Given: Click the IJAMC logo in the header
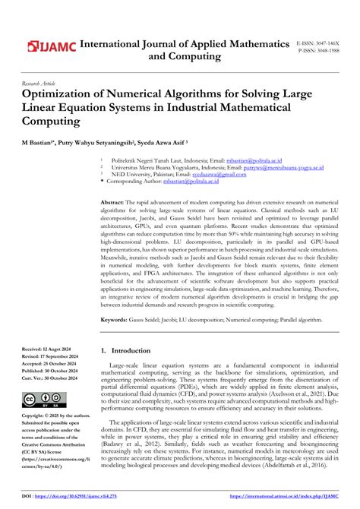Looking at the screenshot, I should pyautogui.click(x=52, y=47).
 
